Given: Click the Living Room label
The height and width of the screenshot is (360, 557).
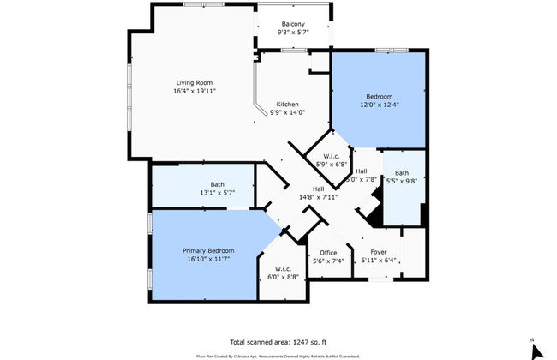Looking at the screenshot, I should tap(194, 82).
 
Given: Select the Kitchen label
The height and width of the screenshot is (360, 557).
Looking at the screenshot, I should tap(287, 104).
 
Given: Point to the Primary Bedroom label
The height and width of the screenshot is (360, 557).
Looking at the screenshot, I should tap(208, 250).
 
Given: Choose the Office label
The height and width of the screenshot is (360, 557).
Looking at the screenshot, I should tap(328, 252).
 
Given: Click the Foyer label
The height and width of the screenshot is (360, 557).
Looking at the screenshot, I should tap(379, 252).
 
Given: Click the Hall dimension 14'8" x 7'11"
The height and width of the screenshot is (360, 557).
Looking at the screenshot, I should tap(318, 196).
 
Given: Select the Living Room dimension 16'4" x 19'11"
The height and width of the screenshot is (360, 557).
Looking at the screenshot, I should tap(194, 90).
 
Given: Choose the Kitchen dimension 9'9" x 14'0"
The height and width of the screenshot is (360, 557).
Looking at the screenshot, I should tap(287, 112).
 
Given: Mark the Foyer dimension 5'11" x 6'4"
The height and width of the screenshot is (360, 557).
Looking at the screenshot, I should tap(379, 261).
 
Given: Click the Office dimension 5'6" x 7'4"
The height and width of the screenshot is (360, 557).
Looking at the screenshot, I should tap(328, 261).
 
